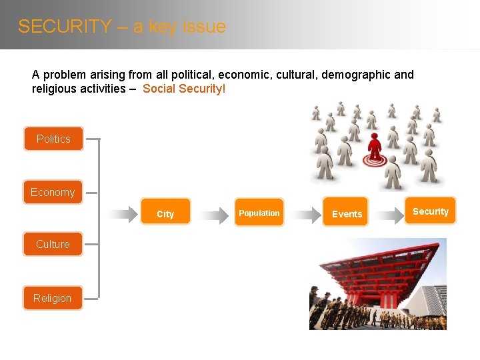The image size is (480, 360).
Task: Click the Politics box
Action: pos(53,139)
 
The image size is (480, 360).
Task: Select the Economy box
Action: pos(53,192)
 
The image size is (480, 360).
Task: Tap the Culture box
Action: pos(53,244)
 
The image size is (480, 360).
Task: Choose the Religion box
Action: pos(53,298)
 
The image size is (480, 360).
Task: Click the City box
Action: pos(165,214)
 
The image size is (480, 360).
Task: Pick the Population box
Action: pos(259,213)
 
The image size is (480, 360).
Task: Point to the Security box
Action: pos(431,211)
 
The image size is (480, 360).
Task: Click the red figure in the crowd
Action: pos(375,146)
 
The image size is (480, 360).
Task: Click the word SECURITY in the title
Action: pos(65,27)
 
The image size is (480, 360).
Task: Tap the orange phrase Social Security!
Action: pos(184,89)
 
